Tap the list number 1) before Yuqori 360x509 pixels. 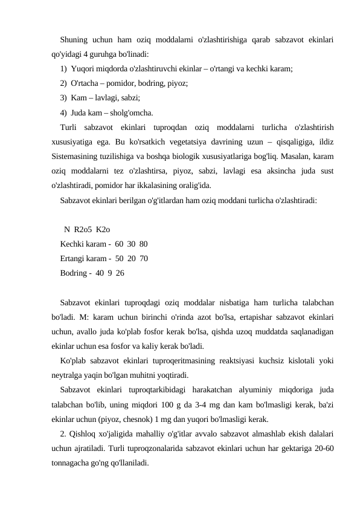pos(64,70)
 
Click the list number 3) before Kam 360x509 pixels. pos(64,98)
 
